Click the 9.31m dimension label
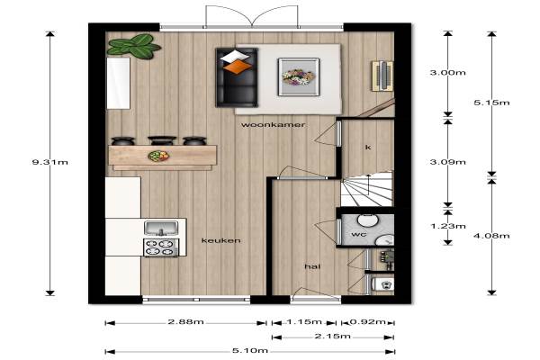[x=49, y=162]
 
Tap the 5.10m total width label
[x=250, y=351]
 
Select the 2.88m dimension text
[x=186, y=322]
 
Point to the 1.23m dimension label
[x=447, y=226]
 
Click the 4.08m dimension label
[x=491, y=236]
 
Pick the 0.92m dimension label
[x=367, y=322]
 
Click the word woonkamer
[x=273, y=125]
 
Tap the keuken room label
[x=220, y=240]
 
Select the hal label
[x=312, y=266]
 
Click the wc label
[x=358, y=235]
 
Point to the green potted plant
[x=133, y=46]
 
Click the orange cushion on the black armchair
[x=238, y=67]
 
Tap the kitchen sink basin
[x=161, y=229]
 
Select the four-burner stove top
[x=161, y=247]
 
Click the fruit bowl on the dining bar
[x=158, y=156]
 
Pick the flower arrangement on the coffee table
[x=298, y=76]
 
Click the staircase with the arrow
[x=367, y=189]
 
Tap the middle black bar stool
[x=162, y=140]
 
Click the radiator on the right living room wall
[x=382, y=76]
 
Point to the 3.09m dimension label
[x=447, y=162]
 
